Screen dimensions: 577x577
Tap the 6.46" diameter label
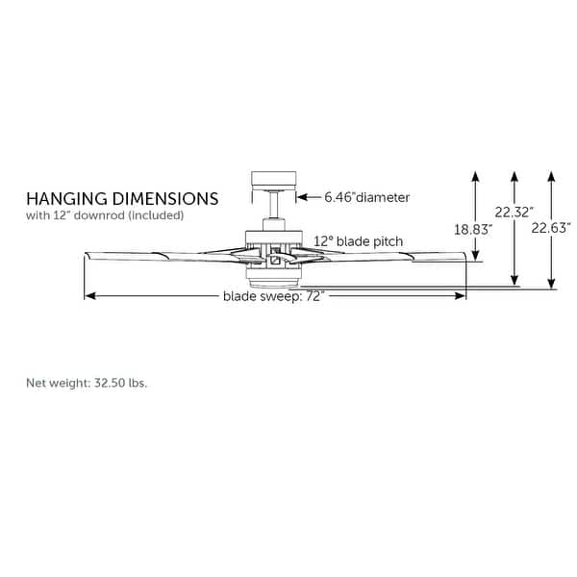click(366, 197)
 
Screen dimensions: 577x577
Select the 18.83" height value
click(472, 229)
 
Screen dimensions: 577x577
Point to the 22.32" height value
click(514, 212)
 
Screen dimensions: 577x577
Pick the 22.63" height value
click(552, 228)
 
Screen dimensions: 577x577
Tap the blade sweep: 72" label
click(273, 296)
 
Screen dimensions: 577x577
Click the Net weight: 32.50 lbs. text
click(87, 382)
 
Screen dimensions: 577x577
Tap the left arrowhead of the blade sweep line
click(89, 296)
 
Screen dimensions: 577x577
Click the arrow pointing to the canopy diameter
click(306, 197)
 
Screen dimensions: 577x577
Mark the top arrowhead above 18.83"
click(475, 176)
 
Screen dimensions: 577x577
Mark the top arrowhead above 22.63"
click(551, 176)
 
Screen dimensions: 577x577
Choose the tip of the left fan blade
click(88, 255)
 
